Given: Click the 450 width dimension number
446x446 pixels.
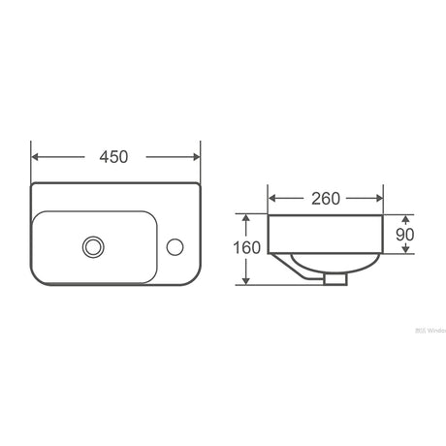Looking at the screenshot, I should click(x=115, y=156).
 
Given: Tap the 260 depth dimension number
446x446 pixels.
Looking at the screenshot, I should click(x=326, y=199).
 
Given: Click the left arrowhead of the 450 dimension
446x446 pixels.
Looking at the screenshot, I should click(x=36, y=156).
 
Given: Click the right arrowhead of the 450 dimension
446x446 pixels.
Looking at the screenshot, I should click(x=195, y=156).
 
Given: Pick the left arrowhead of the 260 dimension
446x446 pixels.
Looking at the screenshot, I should click(x=272, y=199).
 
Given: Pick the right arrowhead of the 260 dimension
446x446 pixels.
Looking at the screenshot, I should click(x=381, y=199).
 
